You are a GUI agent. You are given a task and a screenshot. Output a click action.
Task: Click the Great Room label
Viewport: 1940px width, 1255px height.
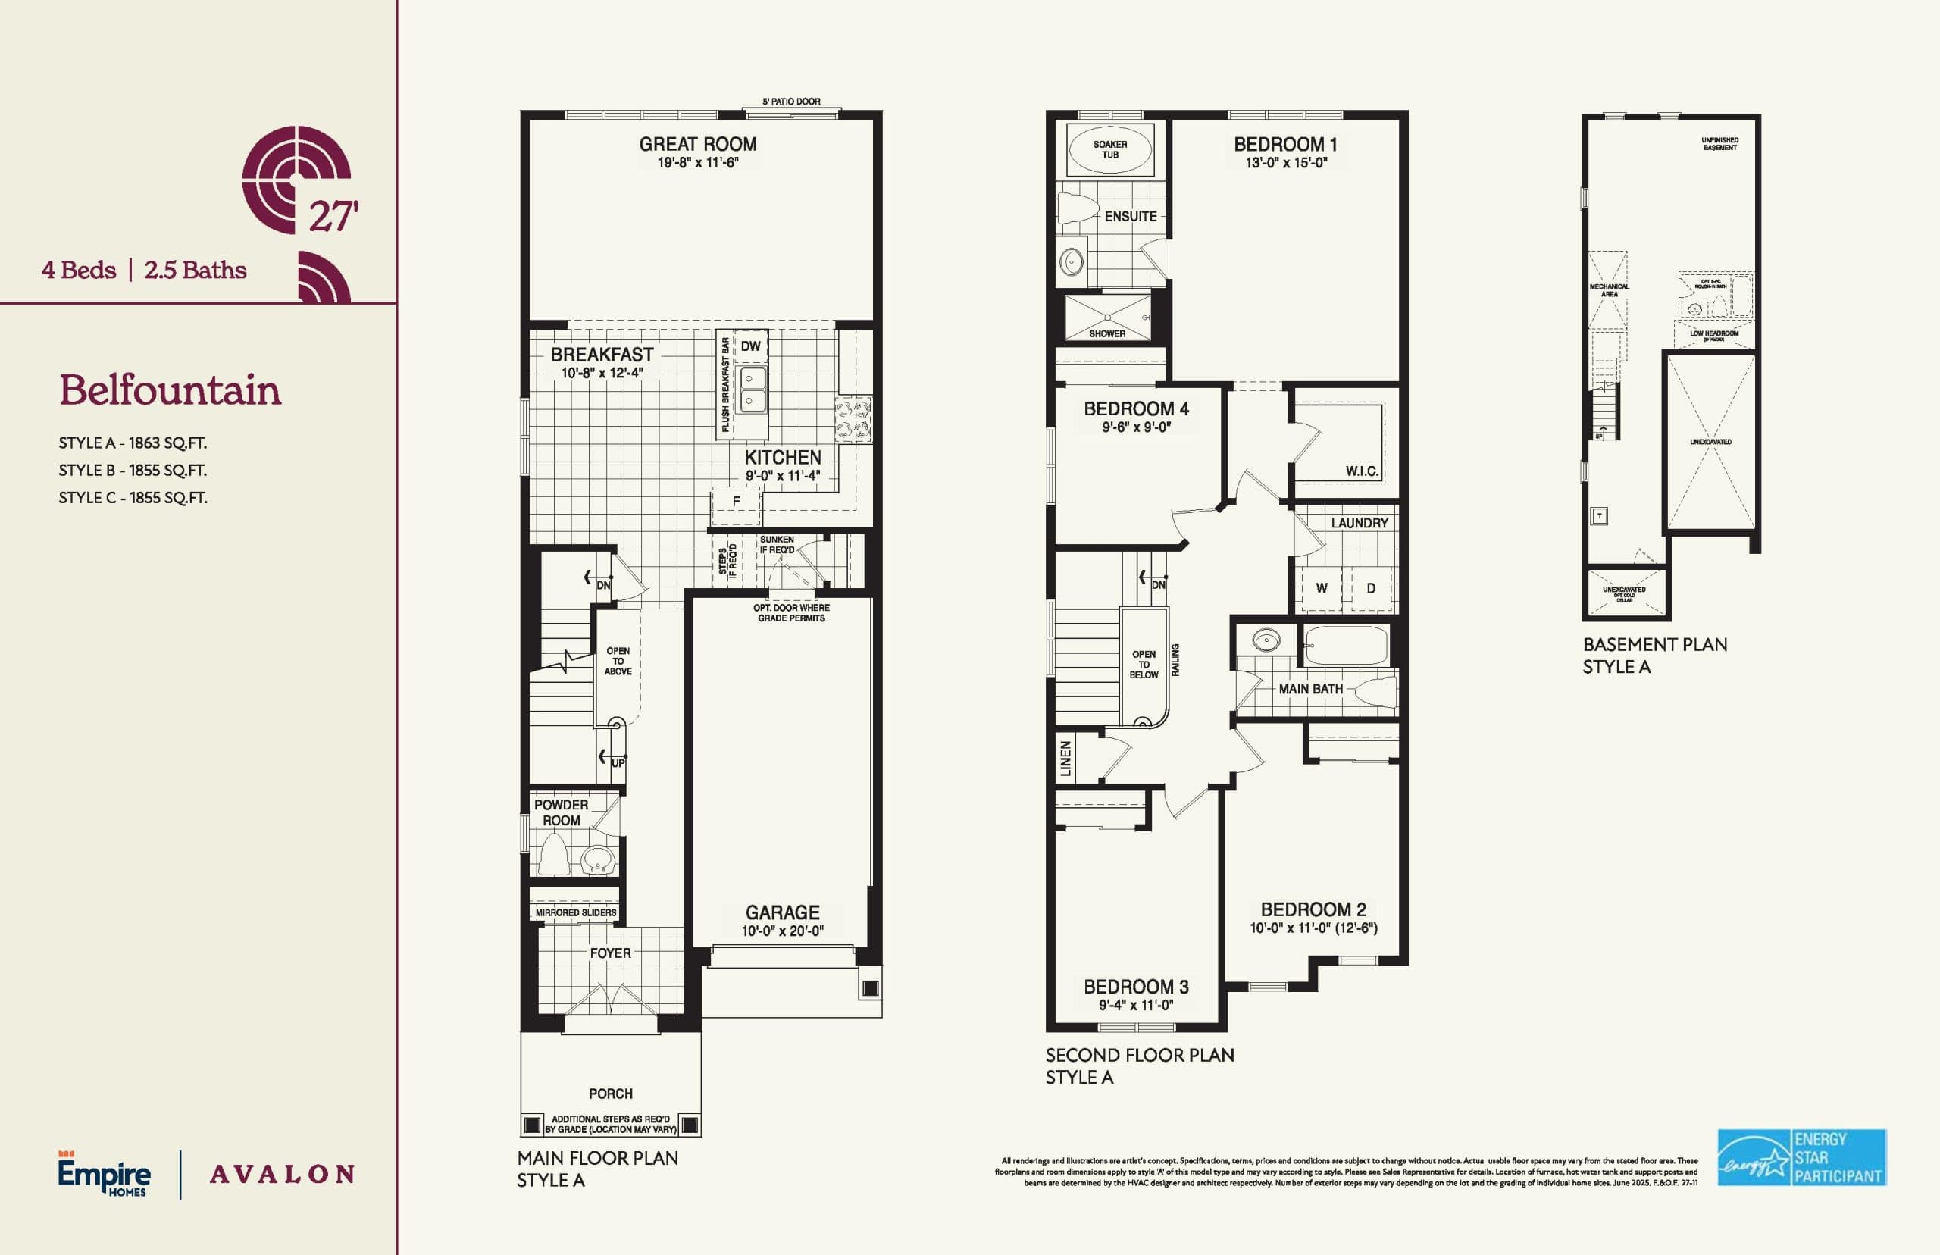[x=697, y=144]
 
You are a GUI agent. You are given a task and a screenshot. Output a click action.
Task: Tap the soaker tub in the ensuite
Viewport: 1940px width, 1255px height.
[x=1109, y=150]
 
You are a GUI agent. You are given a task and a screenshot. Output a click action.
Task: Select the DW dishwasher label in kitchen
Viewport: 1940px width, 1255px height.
[x=750, y=346]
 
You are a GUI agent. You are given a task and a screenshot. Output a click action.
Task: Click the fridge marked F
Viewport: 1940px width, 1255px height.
[x=736, y=501]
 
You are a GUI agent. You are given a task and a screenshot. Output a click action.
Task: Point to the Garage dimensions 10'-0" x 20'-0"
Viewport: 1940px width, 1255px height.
[x=782, y=931]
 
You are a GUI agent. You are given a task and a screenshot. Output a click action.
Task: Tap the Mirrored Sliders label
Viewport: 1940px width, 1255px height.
[x=575, y=912]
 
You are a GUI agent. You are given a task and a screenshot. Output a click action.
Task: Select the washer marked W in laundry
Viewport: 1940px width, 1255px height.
[x=1322, y=588]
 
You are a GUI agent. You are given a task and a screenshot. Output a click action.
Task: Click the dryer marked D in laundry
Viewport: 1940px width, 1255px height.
[x=1372, y=588]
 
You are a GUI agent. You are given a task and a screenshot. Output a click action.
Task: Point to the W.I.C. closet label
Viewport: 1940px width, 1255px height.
[x=1362, y=471]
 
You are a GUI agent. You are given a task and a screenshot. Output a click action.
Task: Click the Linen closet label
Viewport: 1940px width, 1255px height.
[x=1065, y=759]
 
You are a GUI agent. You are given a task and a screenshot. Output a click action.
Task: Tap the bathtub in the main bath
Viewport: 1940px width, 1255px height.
[x=1346, y=646]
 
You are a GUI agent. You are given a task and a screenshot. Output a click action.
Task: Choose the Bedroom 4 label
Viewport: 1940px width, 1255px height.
[x=1136, y=409]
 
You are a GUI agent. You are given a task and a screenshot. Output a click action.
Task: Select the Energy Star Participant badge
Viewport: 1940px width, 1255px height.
[x=1801, y=1157]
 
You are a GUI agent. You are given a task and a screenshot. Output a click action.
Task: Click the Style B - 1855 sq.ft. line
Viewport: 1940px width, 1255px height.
[x=132, y=470]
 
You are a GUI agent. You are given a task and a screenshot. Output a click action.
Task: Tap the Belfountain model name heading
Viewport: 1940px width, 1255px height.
[x=170, y=390]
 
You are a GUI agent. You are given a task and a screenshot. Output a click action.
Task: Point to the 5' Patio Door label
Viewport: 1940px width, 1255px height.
[x=791, y=102]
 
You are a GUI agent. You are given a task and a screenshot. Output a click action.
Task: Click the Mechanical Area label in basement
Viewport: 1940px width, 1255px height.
[x=1608, y=290]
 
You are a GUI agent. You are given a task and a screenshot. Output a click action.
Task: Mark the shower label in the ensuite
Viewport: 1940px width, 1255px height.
[x=1106, y=334]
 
